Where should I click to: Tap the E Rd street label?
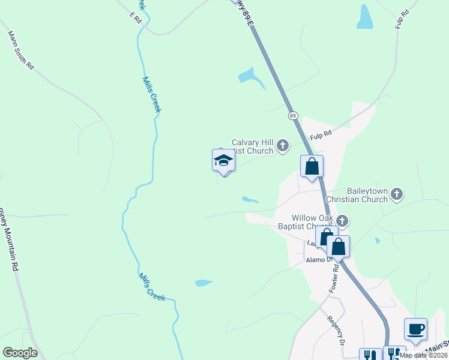click(134, 18)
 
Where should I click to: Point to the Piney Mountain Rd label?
click(7, 240)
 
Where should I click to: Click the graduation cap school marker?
click(223, 160)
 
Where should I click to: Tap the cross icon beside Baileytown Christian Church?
click(396, 194)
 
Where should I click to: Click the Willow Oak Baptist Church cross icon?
click(342, 221)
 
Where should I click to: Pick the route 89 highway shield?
click(292, 115)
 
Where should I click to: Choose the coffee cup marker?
click(415, 329)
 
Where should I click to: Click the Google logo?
click(20, 353)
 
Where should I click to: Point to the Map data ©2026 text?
click(423, 355)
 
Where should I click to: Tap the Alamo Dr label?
click(318, 259)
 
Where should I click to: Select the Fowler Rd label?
click(334, 280)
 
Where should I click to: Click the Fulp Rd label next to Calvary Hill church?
click(321, 134)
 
